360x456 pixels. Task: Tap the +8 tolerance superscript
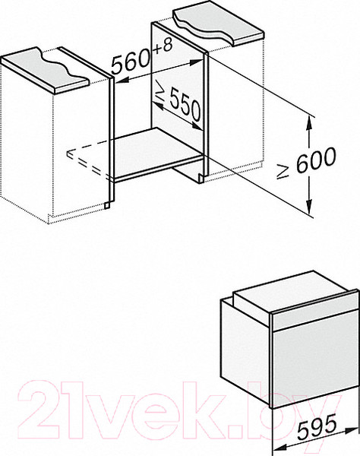[x=163, y=47]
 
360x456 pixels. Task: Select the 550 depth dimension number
[x=185, y=104]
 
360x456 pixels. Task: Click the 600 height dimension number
[x=316, y=160]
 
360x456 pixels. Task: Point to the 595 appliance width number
[x=317, y=426]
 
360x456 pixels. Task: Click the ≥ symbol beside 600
[x=283, y=171]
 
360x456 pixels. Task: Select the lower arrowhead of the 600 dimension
[x=309, y=207]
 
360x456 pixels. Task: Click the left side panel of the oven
[x=245, y=350]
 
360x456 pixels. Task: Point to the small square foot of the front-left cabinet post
[x=108, y=205]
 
